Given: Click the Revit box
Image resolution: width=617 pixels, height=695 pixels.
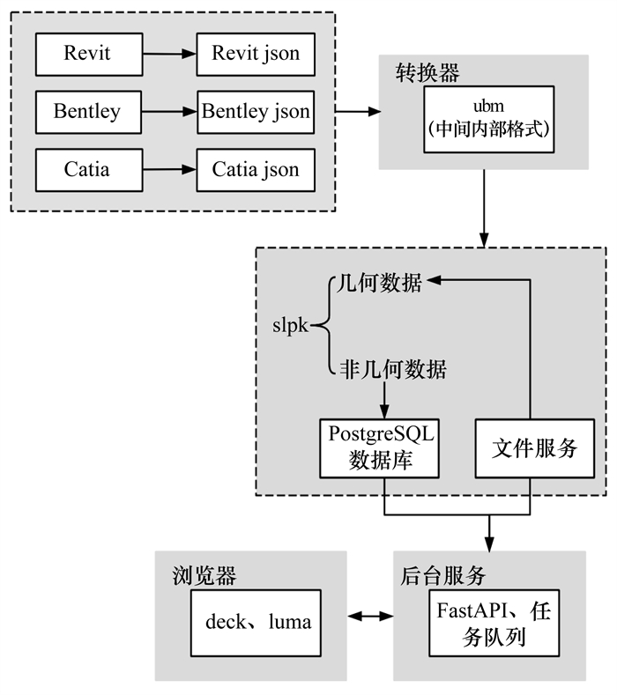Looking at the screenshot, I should (x=87, y=54).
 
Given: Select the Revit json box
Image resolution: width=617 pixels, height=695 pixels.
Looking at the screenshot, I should (x=256, y=54).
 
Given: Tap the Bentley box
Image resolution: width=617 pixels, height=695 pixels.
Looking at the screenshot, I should (x=87, y=112).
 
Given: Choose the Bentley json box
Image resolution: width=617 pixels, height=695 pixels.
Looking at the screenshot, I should (x=256, y=112).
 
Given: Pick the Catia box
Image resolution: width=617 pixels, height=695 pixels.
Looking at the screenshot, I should (x=87, y=168).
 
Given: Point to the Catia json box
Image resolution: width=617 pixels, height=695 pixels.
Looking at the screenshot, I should (x=256, y=168).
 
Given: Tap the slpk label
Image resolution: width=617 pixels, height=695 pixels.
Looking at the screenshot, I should (x=290, y=325).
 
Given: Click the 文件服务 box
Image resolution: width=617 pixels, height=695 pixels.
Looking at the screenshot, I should (x=530, y=448).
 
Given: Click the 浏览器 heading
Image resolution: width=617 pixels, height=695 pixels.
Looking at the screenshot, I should (x=204, y=575).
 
